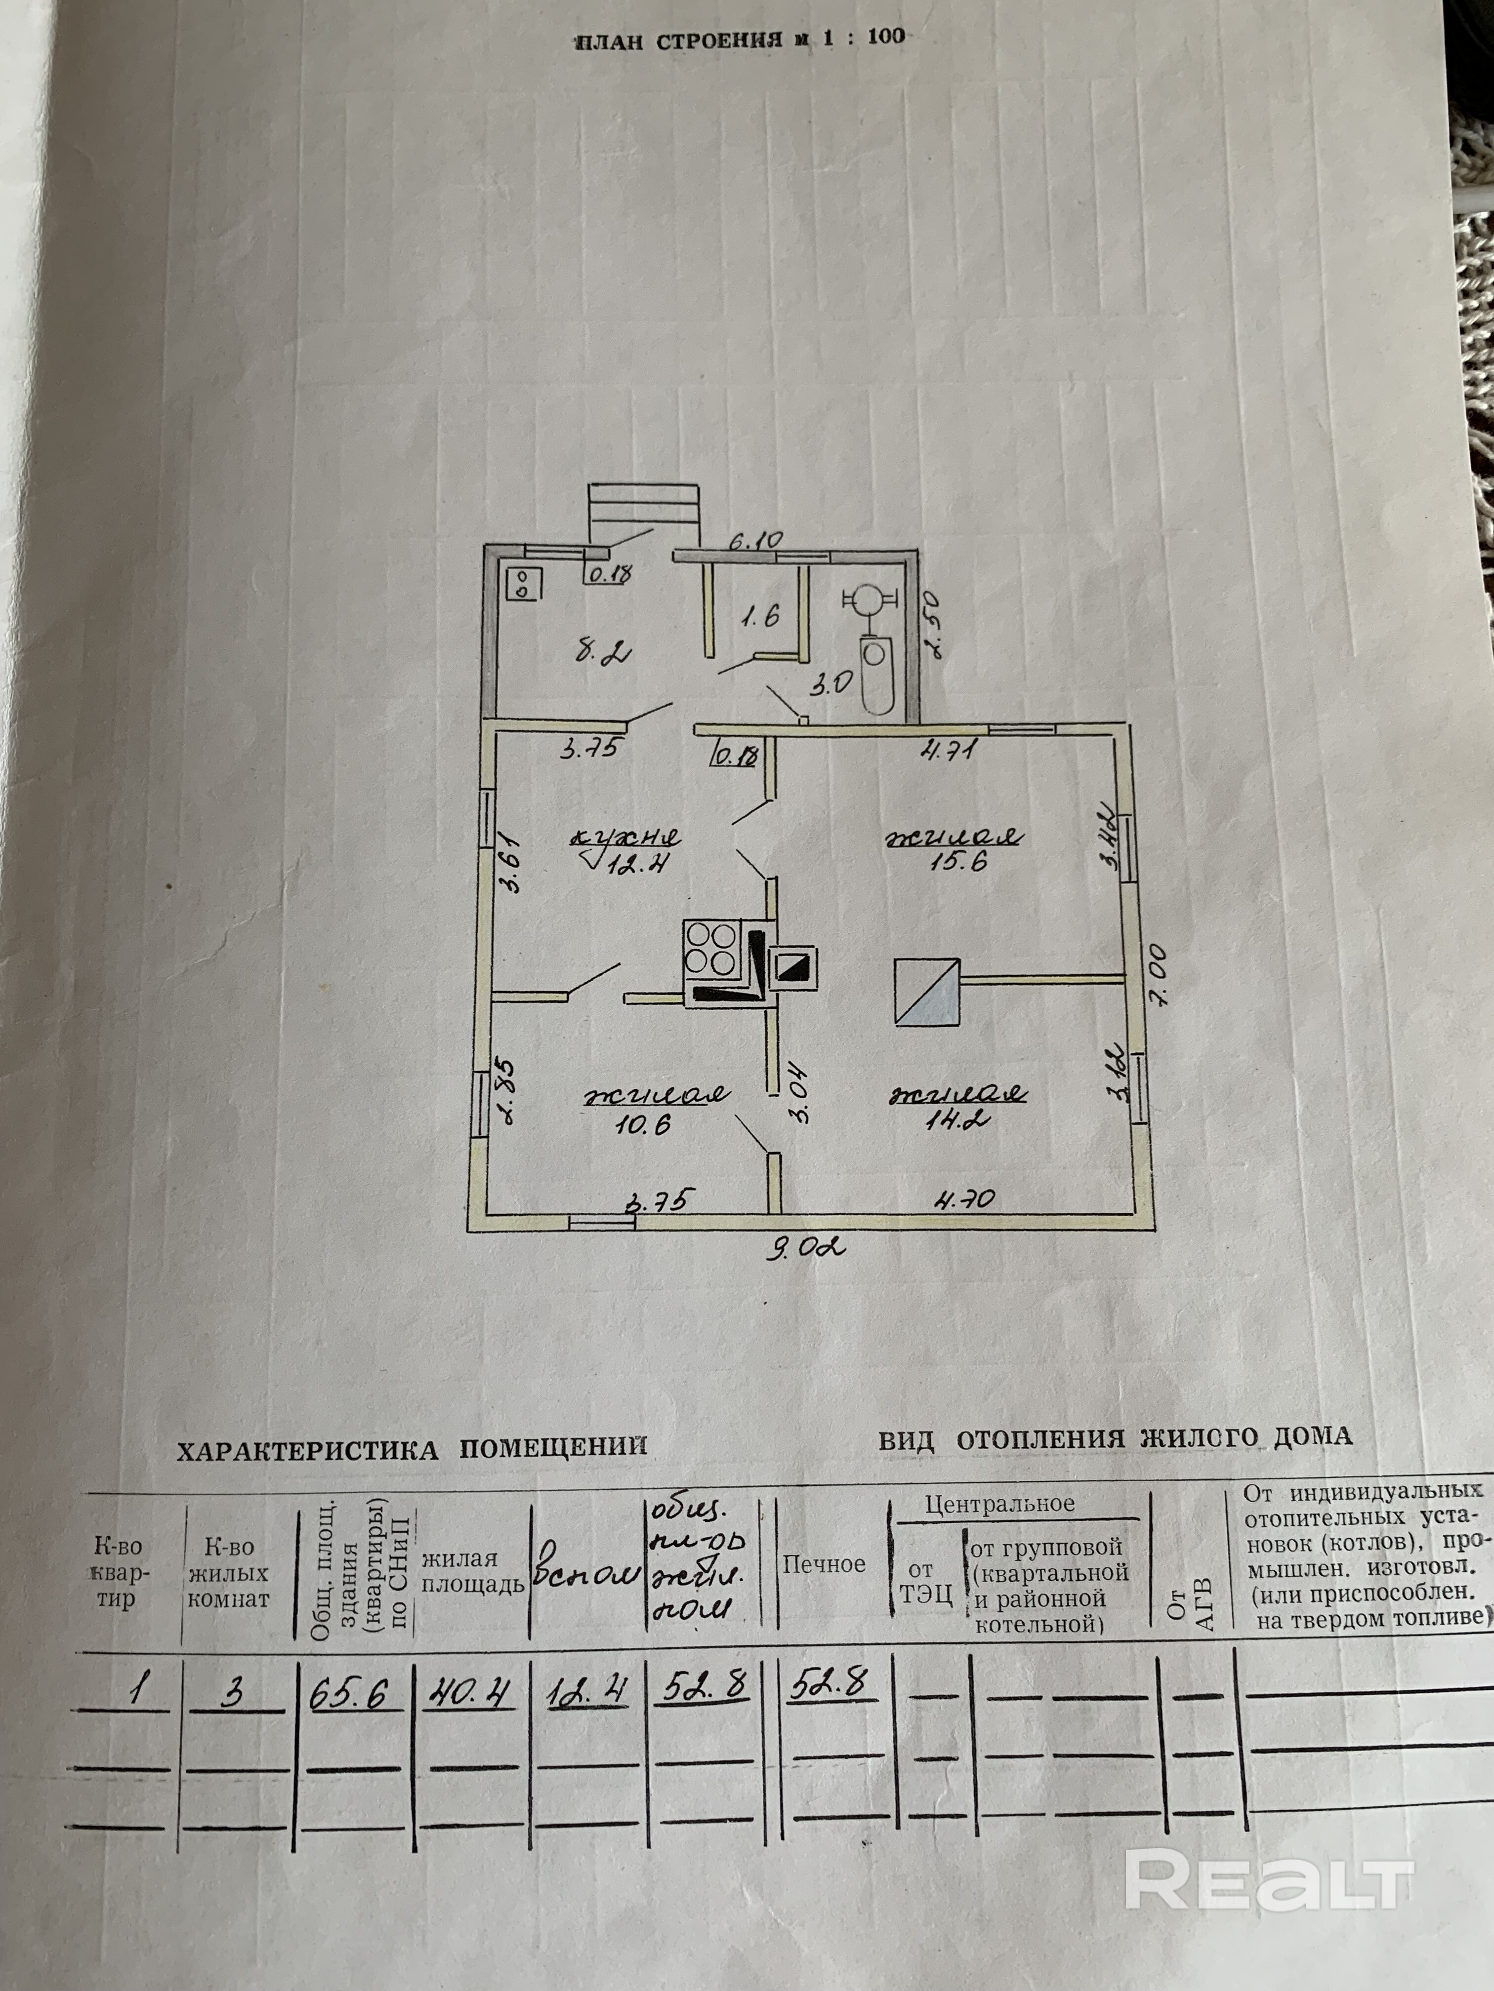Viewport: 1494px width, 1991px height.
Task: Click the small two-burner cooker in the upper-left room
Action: tap(523, 585)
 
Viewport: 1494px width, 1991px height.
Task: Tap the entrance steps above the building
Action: tap(645, 513)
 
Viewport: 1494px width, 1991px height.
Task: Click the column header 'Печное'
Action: tap(823, 1563)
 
